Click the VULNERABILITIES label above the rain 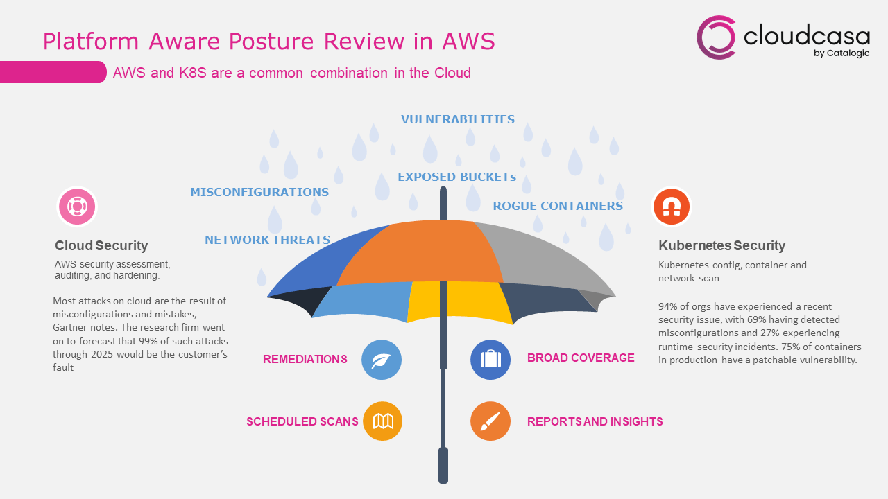click(457, 119)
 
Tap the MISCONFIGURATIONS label click(259, 192)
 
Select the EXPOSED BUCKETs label click(456, 177)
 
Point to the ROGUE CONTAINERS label click(558, 206)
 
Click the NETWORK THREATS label click(268, 240)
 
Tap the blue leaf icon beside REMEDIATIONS click(382, 360)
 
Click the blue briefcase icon click(490, 360)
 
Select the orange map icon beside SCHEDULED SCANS click(382, 421)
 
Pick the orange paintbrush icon click(490, 421)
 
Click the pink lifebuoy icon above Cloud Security click(77, 207)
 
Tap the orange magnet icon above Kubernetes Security click(672, 207)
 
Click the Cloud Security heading click(101, 245)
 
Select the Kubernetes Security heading click(722, 245)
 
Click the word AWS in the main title click(468, 41)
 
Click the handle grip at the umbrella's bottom click(443, 465)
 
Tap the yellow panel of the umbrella click(460, 301)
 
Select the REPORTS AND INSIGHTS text click(595, 421)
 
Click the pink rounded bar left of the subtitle click(53, 72)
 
